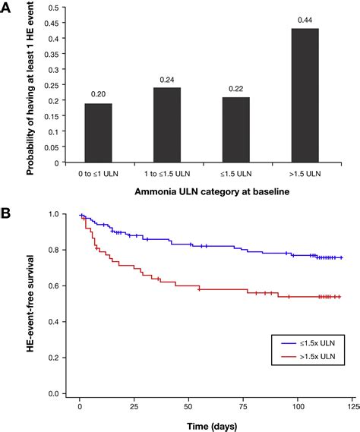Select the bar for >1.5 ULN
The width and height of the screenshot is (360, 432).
pyautogui.click(x=305, y=96)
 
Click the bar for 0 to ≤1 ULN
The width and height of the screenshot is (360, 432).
pyautogui.click(x=98, y=133)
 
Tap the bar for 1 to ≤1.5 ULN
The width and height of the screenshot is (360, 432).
pyautogui.click(x=167, y=125)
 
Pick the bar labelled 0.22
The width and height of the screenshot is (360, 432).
pyautogui.click(x=236, y=130)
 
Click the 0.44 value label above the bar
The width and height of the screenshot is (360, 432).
pyautogui.click(x=305, y=20)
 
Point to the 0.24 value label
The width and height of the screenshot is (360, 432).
pyautogui.click(x=167, y=80)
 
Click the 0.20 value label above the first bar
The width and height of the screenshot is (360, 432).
pyautogui.click(x=98, y=94)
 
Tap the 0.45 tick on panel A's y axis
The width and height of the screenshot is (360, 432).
pyautogui.click(x=52, y=23)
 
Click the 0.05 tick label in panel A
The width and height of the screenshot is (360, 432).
pyautogui.click(x=52, y=147)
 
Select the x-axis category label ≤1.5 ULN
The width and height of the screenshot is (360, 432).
pyautogui.click(x=236, y=174)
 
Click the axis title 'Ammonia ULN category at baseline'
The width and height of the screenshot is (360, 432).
pyautogui.click(x=212, y=192)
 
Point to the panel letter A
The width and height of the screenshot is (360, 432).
pyautogui.click(x=5, y=8)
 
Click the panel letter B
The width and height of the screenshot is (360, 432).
pyautogui.click(x=5, y=213)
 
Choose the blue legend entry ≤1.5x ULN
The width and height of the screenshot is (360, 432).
pyautogui.click(x=308, y=343)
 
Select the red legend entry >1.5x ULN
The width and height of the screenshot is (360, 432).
pyautogui.click(x=308, y=357)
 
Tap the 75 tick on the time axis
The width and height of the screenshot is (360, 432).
pyautogui.click(x=243, y=407)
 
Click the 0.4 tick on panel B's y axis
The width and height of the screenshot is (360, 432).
pyautogui.click(x=53, y=322)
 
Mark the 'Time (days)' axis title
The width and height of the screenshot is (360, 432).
pyautogui.click(x=212, y=426)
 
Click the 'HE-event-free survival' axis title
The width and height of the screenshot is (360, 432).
pyautogui.click(x=30, y=304)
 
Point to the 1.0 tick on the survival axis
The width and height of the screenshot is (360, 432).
pyautogui.click(x=53, y=214)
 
